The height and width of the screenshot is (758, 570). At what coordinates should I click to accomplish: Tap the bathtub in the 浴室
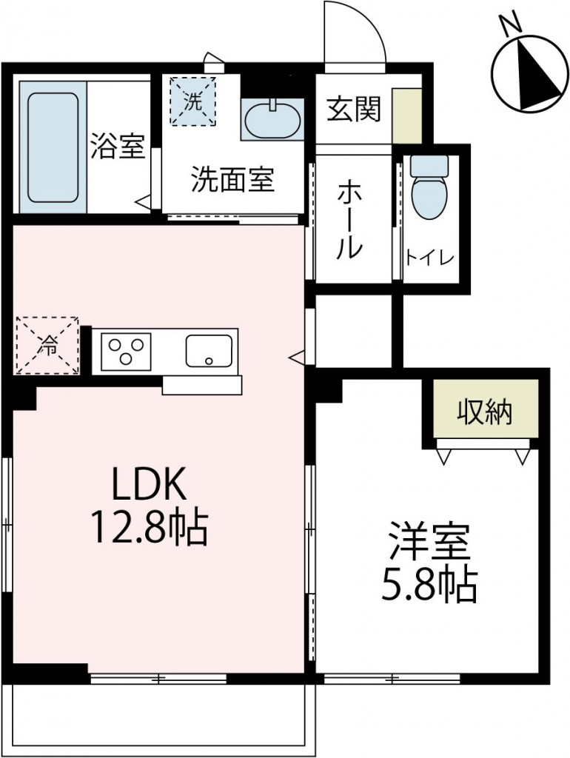pos(53,147)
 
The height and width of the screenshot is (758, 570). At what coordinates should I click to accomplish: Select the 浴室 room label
pos(117,147)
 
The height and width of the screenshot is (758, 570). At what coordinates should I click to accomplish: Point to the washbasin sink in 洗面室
pos(272,118)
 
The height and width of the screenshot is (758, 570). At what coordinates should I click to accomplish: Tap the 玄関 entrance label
pos(354,110)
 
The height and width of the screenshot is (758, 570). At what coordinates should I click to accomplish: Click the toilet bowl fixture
pos(429,188)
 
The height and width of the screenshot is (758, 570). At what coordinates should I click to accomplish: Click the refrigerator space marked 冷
pos(47,345)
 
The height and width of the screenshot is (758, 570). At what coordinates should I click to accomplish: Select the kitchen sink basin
pos(209,350)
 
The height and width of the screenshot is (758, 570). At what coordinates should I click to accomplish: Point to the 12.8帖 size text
pos(148,527)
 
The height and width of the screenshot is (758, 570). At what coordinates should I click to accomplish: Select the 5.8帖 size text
pos(429,585)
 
